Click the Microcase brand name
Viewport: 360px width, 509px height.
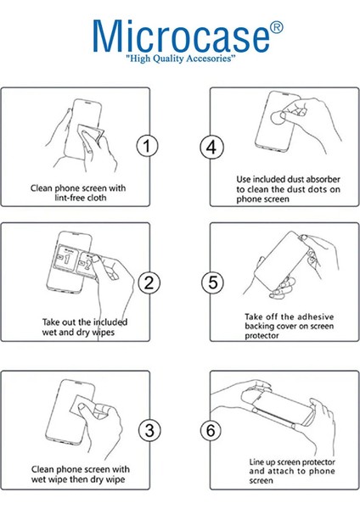[x=182, y=36]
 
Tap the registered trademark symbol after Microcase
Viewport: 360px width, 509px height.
[x=277, y=28]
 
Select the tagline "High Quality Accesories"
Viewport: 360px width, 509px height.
[x=181, y=59]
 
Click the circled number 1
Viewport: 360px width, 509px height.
[x=147, y=146]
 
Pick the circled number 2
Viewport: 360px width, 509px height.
[x=149, y=282]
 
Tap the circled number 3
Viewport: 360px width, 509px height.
[x=149, y=431]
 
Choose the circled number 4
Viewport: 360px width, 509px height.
[x=211, y=148]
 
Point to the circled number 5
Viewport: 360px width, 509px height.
[x=212, y=282]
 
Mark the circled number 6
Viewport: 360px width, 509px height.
[x=211, y=431]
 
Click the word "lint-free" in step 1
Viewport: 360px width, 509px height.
[x=67, y=198]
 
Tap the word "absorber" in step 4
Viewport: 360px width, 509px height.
[x=323, y=179]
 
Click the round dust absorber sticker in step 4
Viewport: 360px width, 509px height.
[x=278, y=118]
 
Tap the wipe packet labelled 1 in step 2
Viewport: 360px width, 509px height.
[x=66, y=259]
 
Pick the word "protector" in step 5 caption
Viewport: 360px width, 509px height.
[x=262, y=336]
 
